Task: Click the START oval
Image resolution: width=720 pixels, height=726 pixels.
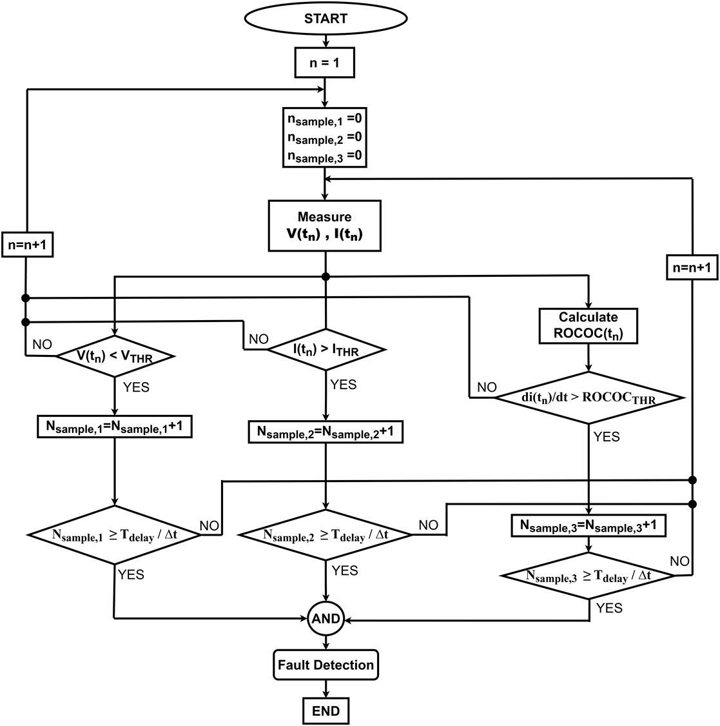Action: pos(326,19)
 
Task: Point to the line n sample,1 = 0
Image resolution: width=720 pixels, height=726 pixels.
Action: pos(325,119)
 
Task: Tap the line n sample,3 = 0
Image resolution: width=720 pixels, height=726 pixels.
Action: pos(325,157)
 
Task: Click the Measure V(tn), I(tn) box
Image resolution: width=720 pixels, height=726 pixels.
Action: pos(325,226)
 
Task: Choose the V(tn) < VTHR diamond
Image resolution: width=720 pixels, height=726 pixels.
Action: pos(115,356)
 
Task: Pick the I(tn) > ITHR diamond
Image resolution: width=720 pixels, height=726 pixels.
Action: pos(326,350)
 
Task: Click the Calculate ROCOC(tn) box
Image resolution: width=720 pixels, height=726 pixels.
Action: pos(588,326)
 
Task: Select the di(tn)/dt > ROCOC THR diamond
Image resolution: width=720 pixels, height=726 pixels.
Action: pos(588,398)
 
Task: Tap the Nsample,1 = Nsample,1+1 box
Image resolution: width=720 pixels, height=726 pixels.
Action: pos(115,427)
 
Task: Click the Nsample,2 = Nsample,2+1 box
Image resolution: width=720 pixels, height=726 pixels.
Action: pos(326,432)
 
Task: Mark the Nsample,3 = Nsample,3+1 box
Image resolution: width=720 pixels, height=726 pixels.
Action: pos(588,526)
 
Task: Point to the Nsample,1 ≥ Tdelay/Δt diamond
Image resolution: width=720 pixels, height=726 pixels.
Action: pos(114,535)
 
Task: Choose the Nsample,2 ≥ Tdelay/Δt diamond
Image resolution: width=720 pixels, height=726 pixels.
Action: pos(326,536)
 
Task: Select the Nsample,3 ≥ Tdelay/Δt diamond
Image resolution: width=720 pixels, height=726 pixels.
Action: pos(588,576)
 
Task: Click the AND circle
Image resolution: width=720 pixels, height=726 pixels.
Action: pos(326,619)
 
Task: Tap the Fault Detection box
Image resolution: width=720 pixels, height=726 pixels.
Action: pos(326,665)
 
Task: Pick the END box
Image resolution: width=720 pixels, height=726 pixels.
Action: pos(326,711)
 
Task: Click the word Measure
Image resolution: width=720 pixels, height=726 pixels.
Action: pos(325,217)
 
